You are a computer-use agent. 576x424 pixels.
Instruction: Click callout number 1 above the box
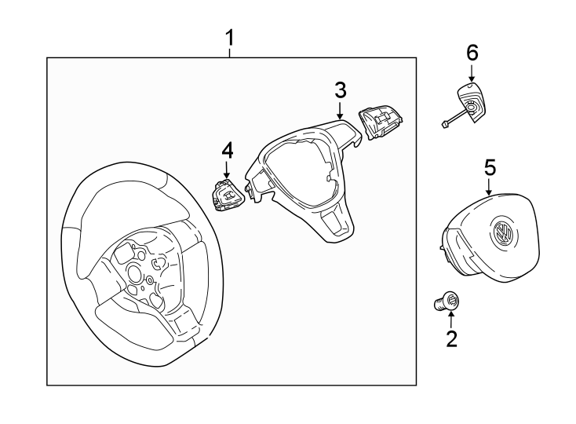click(230, 37)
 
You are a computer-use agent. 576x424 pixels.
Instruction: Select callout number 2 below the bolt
click(451, 339)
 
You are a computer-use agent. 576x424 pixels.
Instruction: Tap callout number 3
click(340, 90)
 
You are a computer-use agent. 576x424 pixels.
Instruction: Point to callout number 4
click(227, 148)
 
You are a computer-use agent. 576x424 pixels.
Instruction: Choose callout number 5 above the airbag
click(490, 167)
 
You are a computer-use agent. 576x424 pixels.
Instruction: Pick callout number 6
click(472, 53)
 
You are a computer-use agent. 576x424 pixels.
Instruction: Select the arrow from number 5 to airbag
click(490, 188)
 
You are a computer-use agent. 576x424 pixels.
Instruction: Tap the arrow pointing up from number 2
click(451, 319)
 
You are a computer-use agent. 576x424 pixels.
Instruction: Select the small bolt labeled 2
click(448, 302)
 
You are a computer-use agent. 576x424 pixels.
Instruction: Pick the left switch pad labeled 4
click(228, 194)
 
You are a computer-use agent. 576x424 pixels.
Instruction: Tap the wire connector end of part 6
click(445, 122)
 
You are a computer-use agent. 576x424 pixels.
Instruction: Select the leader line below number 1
click(230, 53)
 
